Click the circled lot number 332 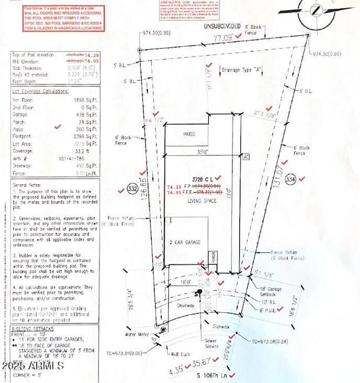132,189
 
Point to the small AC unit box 246,157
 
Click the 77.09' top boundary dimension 220,39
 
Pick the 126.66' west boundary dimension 145,190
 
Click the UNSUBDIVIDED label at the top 222,26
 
